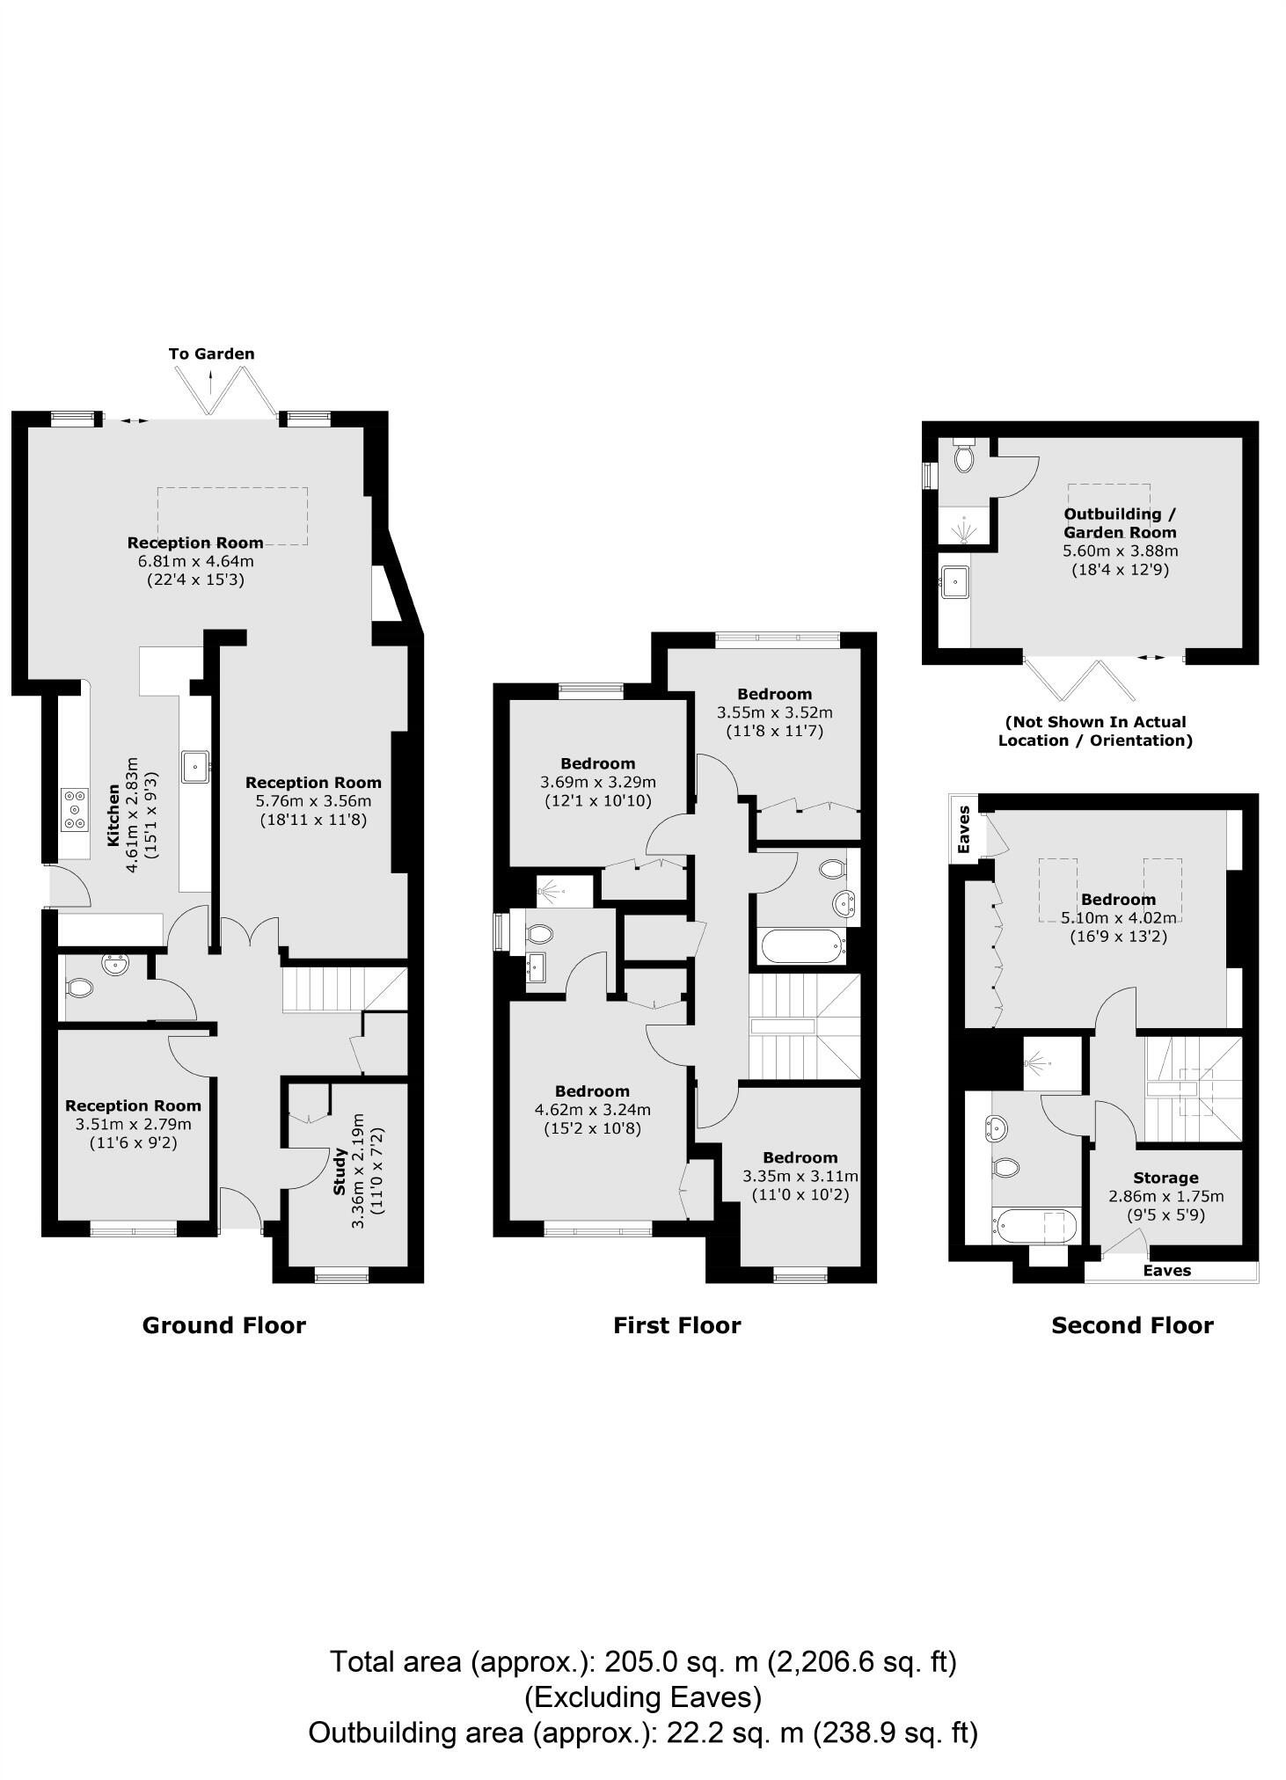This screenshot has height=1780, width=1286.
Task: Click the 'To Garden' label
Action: (211, 354)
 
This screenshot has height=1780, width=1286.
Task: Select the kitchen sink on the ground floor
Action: (195, 766)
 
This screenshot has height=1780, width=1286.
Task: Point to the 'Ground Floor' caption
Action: (223, 1325)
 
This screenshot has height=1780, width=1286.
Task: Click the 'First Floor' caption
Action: (676, 1325)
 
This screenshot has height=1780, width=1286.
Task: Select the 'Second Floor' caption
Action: (1132, 1325)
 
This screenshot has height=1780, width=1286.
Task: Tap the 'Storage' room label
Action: (1165, 1178)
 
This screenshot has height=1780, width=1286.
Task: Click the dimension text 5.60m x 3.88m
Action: (1120, 551)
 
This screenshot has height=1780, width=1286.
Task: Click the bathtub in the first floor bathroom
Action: (800, 947)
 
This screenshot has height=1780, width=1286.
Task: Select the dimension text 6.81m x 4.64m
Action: (195, 561)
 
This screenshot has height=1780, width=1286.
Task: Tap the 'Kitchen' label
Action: (113, 815)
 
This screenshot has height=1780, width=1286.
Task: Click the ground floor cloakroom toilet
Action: (79, 988)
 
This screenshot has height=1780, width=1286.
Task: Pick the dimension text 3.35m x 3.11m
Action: (800, 1176)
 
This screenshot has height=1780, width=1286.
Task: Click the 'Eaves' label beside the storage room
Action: (1167, 1270)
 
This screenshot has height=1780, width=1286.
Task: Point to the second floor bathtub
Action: (1034, 1226)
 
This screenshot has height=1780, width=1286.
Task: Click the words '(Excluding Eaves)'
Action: (643, 1696)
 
